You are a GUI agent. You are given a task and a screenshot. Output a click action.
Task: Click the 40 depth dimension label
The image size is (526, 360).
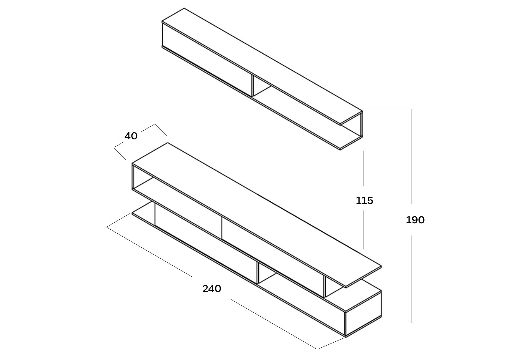coord(131,136)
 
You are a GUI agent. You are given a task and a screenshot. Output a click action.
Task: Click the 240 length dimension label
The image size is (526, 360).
coord(211,289)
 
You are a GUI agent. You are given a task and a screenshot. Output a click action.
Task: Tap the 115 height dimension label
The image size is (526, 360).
coord(364,201)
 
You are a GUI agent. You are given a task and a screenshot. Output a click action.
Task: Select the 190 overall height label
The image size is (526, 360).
coord(415,220)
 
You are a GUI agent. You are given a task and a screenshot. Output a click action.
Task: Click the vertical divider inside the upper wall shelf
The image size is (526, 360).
coord(252,86)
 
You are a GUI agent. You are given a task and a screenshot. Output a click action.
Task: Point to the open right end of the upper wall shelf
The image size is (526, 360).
coord(352,130)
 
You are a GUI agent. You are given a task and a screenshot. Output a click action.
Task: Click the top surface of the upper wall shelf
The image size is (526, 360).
coord(262,66)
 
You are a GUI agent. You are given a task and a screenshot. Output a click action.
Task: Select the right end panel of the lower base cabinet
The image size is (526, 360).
coord(364,314)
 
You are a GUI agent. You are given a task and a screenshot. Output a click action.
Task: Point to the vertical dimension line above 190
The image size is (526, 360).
coord(412,156)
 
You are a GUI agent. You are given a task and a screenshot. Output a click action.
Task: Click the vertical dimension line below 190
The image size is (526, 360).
coord(412,279)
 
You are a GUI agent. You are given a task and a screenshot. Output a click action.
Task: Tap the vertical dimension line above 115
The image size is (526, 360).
coord(364,168)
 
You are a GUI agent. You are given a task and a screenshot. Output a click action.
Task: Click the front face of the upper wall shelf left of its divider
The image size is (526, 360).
coord(207,60)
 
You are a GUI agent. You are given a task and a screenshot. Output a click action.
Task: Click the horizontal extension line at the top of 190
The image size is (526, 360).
coord(388,109)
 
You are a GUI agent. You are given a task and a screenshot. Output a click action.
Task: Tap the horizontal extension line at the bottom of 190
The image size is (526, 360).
coord(396,322)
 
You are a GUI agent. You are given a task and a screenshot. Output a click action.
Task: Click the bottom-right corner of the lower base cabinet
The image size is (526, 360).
coord(346,337)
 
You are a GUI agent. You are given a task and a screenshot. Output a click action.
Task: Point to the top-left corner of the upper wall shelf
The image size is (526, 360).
coord(162,22)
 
